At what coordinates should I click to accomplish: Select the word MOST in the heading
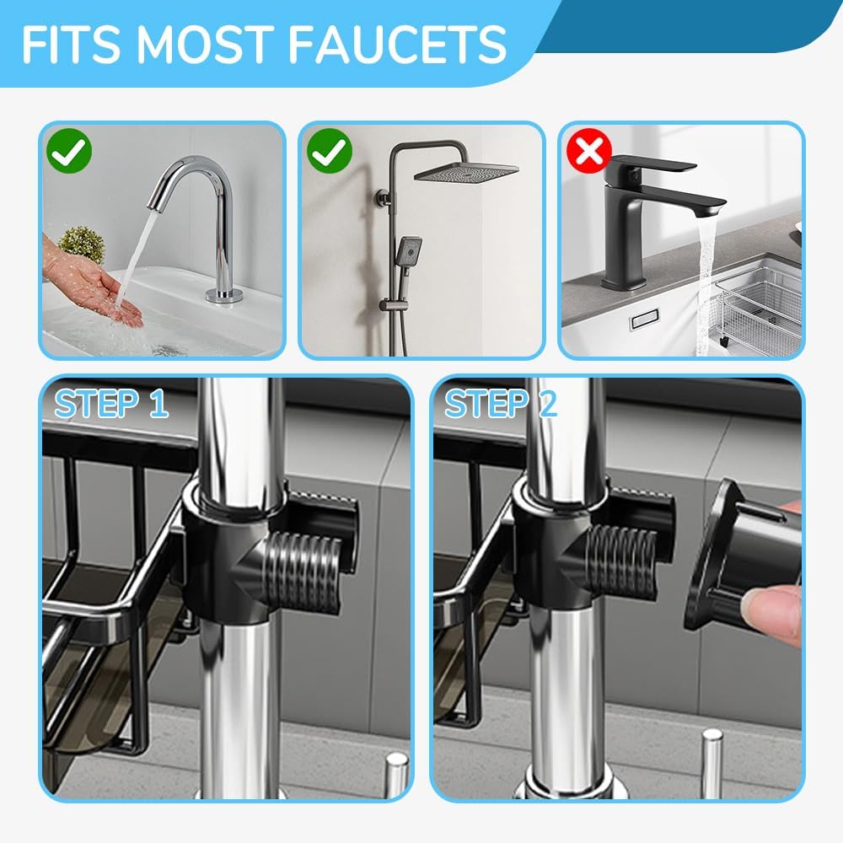[205, 45]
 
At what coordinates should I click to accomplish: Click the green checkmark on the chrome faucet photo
[69, 152]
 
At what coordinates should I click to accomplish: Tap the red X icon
[588, 152]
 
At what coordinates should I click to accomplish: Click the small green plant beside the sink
[82, 244]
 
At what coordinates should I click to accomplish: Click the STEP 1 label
[111, 404]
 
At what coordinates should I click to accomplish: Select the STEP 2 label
[501, 404]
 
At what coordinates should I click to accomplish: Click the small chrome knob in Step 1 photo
[395, 771]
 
